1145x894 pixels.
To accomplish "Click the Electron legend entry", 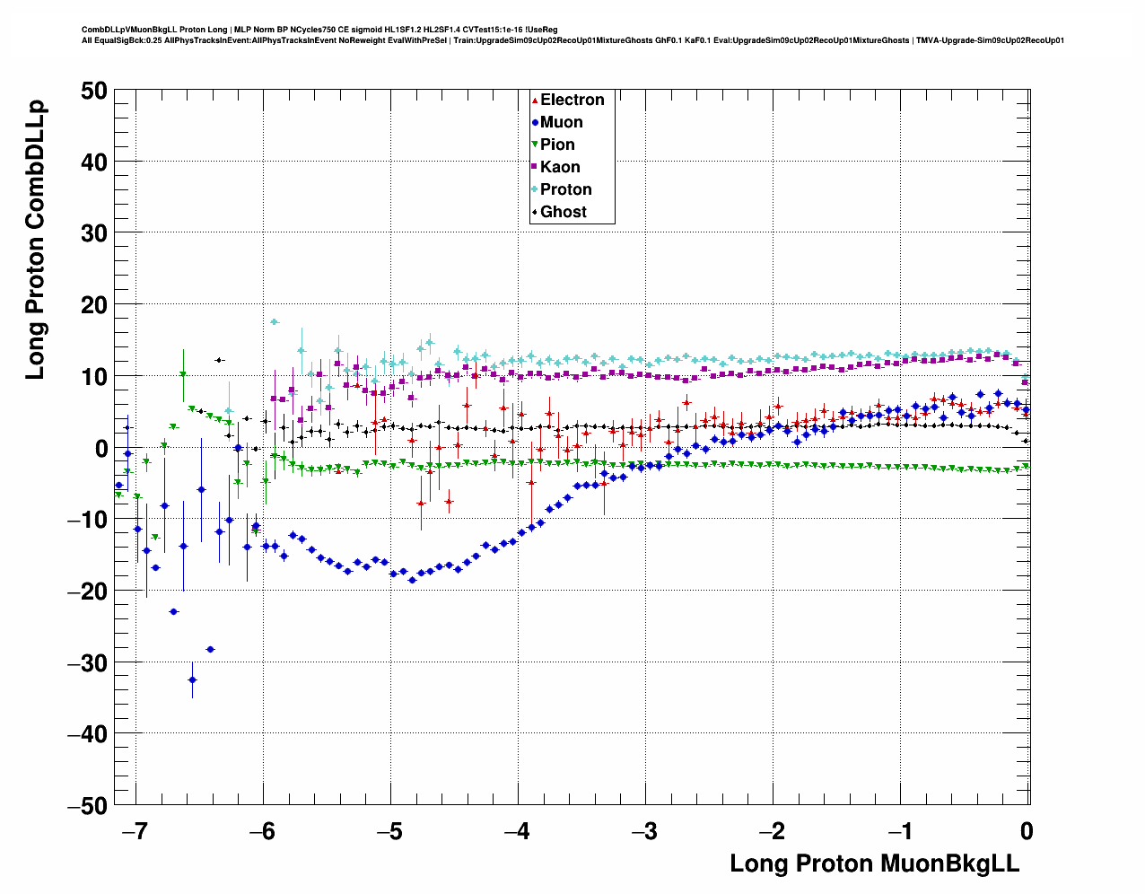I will tap(572, 100).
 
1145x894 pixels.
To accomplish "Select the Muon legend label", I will tap(561, 122).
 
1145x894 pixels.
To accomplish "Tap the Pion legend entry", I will tap(557, 145).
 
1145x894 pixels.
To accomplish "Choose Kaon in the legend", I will tap(560, 167).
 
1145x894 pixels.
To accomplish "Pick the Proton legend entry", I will tap(565, 189).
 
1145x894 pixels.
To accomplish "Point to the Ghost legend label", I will tap(563, 212).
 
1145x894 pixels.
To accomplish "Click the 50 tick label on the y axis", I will tap(92, 91).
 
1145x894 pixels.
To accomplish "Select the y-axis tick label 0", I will tap(101, 448).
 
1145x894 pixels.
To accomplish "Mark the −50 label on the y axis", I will tap(87, 805).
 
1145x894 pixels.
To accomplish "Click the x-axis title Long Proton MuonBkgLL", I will tap(874, 863).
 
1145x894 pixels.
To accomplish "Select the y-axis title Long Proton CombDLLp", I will tap(35, 241).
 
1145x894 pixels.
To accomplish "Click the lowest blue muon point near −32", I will tap(192, 679).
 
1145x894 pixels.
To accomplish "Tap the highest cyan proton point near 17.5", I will tap(275, 321).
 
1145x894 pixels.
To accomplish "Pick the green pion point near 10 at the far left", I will tap(183, 374).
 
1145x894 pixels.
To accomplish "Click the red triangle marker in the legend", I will tap(535, 100).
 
